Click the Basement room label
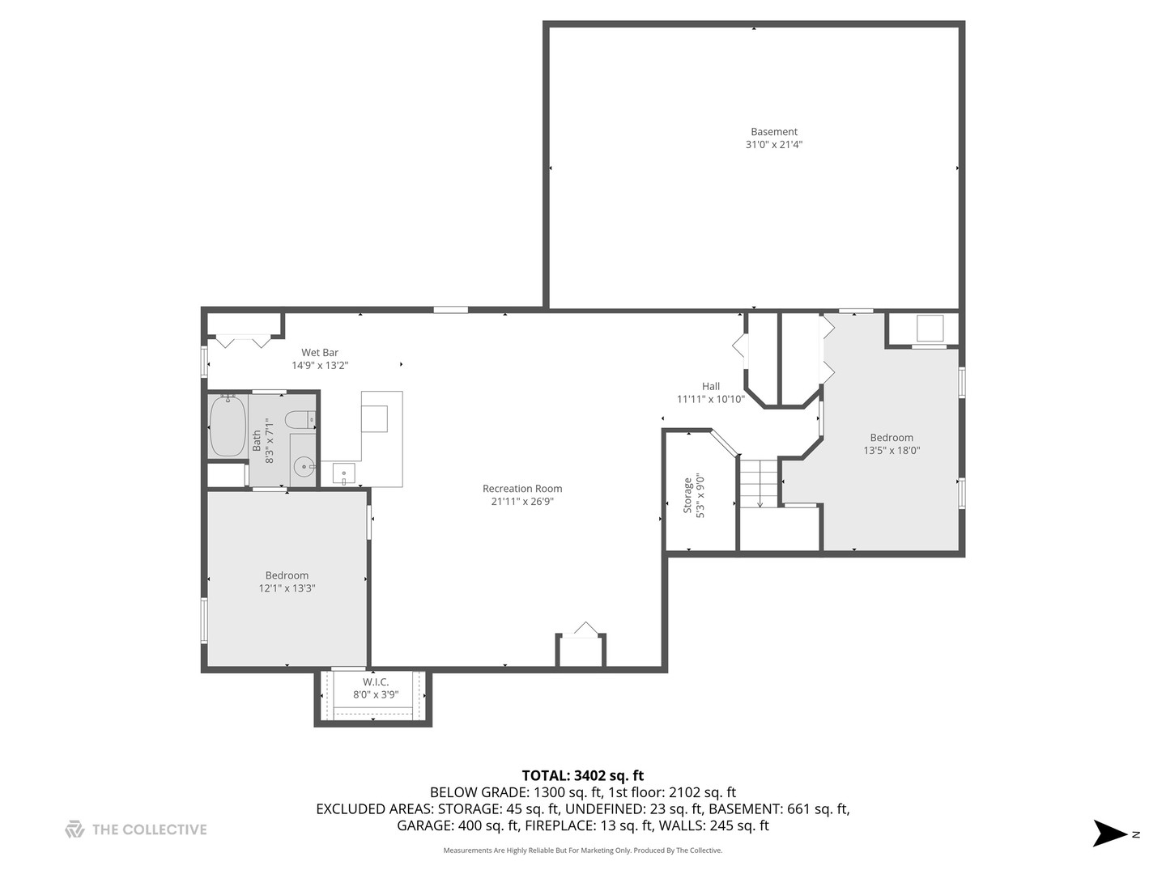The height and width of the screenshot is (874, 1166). (773, 132)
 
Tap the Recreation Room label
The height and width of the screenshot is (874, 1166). (521, 489)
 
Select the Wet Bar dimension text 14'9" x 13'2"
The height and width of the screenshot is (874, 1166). (320, 366)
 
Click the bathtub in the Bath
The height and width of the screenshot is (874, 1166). (228, 426)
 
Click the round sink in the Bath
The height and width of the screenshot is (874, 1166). (303, 466)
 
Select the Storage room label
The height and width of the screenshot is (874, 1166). (688, 495)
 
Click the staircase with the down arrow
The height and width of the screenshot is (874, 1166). (759, 483)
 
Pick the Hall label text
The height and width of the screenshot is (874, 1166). (710, 386)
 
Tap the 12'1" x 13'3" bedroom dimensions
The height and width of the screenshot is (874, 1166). (287, 589)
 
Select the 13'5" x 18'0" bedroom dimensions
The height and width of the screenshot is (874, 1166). (892, 451)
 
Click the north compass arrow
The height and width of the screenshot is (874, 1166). (1109, 834)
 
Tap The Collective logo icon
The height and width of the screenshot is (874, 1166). (74, 829)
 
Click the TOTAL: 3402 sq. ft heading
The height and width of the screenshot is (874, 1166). (582, 776)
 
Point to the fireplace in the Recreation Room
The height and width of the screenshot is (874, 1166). (581, 648)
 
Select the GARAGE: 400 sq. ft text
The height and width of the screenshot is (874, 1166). (457, 826)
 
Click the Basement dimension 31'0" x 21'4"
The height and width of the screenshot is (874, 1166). (773, 145)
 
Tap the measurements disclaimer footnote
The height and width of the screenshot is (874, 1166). (582, 851)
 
